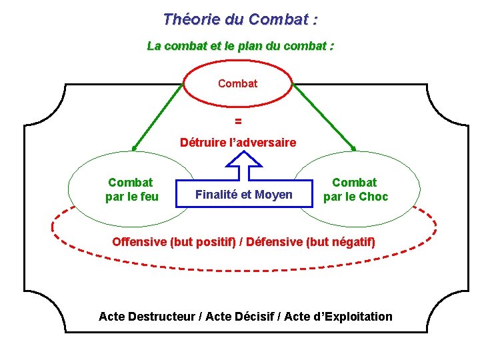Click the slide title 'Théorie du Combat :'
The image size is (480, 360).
(x=240, y=19)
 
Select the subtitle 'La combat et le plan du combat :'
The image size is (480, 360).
(x=240, y=47)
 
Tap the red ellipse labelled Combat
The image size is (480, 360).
(x=237, y=84)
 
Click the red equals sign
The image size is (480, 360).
(x=238, y=122)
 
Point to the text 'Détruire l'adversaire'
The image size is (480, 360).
(x=238, y=143)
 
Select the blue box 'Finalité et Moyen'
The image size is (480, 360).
(x=243, y=195)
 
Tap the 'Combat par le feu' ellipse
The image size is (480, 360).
(x=130, y=189)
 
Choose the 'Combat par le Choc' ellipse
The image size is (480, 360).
(x=355, y=189)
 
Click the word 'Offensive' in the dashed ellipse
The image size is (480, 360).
(x=140, y=241)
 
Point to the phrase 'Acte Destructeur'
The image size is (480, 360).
(x=147, y=317)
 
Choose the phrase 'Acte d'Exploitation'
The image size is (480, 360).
(x=338, y=317)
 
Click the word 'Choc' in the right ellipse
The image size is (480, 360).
(x=373, y=197)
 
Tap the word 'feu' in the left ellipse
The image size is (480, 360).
(x=147, y=197)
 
